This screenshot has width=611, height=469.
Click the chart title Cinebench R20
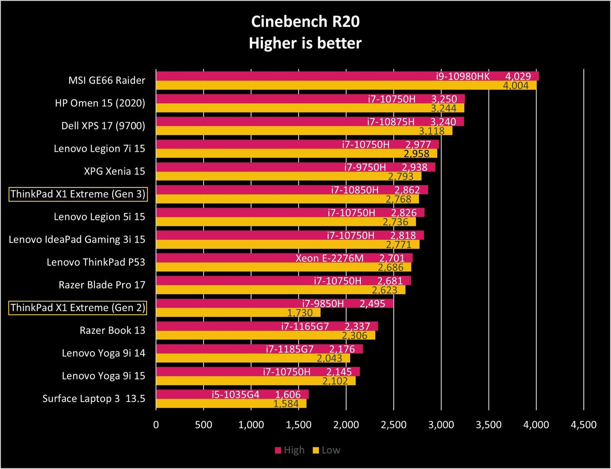(305, 22)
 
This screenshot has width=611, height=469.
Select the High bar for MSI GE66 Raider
(290, 76)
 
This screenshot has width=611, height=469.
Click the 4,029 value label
(518, 76)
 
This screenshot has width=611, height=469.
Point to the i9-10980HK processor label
(462, 76)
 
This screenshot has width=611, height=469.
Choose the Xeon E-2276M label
(330, 258)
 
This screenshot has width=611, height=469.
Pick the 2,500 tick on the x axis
(393, 425)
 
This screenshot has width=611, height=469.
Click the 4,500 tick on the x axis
(583, 425)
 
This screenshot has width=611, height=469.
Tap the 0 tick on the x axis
(156, 425)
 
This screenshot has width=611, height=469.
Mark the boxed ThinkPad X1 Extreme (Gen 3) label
(78, 194)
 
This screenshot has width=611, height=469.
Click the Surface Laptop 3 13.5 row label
(94, 399)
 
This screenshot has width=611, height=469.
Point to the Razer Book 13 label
(112, 330)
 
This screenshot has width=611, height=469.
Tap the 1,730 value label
(300, 313)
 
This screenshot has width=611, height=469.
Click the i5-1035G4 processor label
(236, 394)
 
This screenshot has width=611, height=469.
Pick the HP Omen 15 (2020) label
(100, 103)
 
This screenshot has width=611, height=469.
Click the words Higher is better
(305, 43)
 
